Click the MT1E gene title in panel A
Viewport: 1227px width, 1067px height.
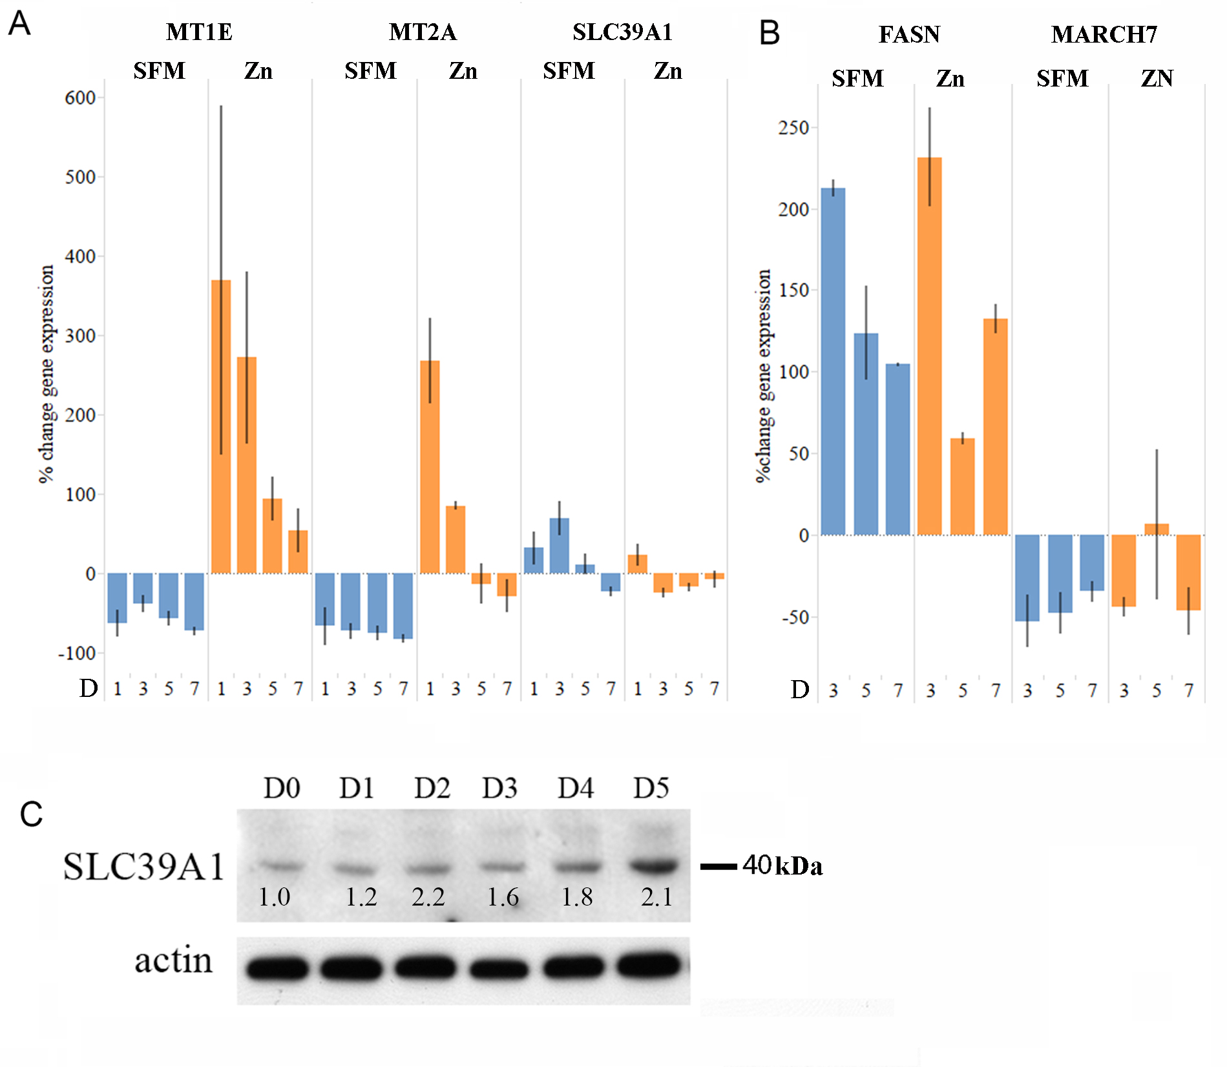point(199,32)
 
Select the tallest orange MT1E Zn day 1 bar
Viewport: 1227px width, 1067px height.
point(221,426)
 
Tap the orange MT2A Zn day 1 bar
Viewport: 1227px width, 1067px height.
point(430,466)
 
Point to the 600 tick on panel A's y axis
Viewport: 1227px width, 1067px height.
point(81,98)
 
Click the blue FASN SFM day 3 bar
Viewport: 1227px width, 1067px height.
point(833,362)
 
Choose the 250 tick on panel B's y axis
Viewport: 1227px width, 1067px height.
point(794,128)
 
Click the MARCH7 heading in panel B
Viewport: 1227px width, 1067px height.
point(1104,34)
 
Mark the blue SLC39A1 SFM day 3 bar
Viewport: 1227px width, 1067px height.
point(559,545)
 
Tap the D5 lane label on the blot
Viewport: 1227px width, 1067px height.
point(651,788)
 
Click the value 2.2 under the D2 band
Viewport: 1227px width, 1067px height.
point(428,896)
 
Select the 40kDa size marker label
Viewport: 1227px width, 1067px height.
point(782,865)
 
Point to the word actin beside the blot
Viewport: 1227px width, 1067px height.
point(173,960)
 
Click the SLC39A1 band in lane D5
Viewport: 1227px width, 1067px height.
point(654,865)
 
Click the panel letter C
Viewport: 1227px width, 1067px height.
point(31,814)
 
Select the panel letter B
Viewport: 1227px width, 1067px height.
point(770,33)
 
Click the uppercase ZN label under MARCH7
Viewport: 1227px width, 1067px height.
point(1157,78)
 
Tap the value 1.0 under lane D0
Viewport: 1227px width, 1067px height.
point(274,896)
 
